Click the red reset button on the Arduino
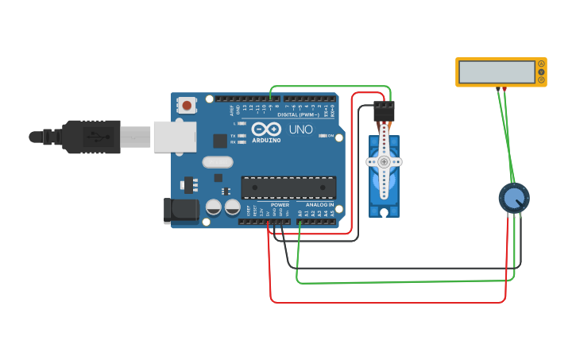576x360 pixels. pos(187,104)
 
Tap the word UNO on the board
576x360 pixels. pos(300,129)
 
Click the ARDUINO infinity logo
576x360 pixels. pos(267,129)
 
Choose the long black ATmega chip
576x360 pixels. pos(288,188)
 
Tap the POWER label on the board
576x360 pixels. pos(279,205)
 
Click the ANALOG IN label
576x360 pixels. pos(320,205)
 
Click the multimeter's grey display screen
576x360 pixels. pos(497,72)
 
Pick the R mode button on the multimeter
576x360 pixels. pos(542,80)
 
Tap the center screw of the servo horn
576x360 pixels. pos(384,161)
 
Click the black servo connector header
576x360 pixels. pos(384,110)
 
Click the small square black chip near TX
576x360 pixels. pos(220,141)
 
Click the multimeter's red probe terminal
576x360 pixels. pos(504,88)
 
